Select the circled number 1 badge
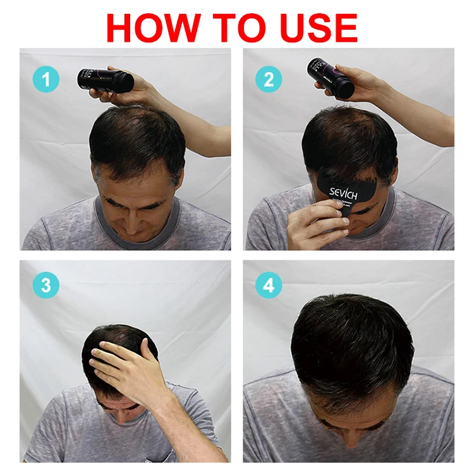(x=46, y=80)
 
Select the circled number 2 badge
(x=269, y=80)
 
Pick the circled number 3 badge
(x=46, y=286)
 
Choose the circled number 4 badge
(x=269, y=286)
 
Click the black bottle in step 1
(x=105, y=80)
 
